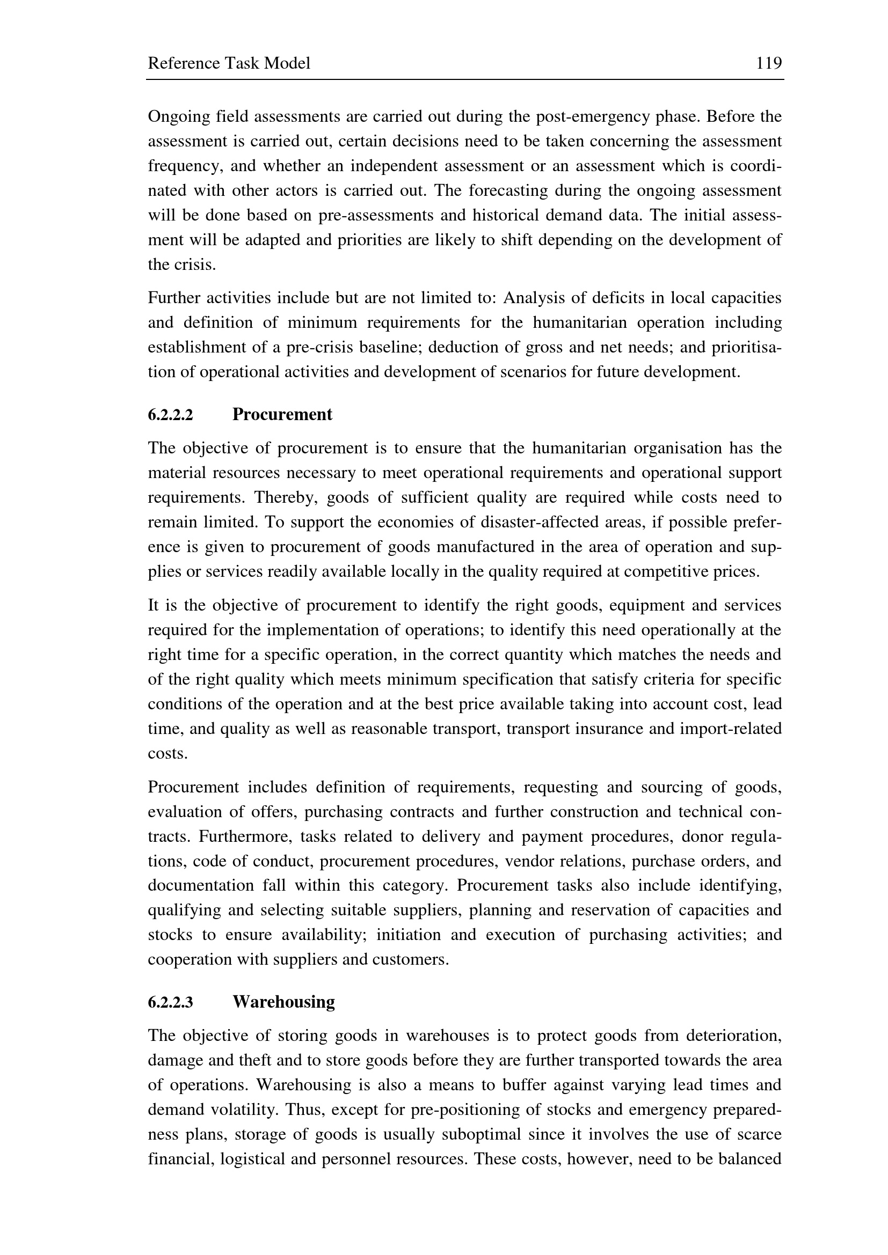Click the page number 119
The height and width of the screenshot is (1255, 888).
click(x=769, y=63)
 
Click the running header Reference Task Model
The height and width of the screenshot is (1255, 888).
click(x=229, y=63)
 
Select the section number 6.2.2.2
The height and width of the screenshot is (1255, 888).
click(x=171, y=415)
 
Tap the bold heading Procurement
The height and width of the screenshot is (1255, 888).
click(x=282, y=414)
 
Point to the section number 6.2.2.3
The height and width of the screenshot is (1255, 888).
click(x=171, y=1002)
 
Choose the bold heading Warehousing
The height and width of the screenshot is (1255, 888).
click(x=284, y=1001)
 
